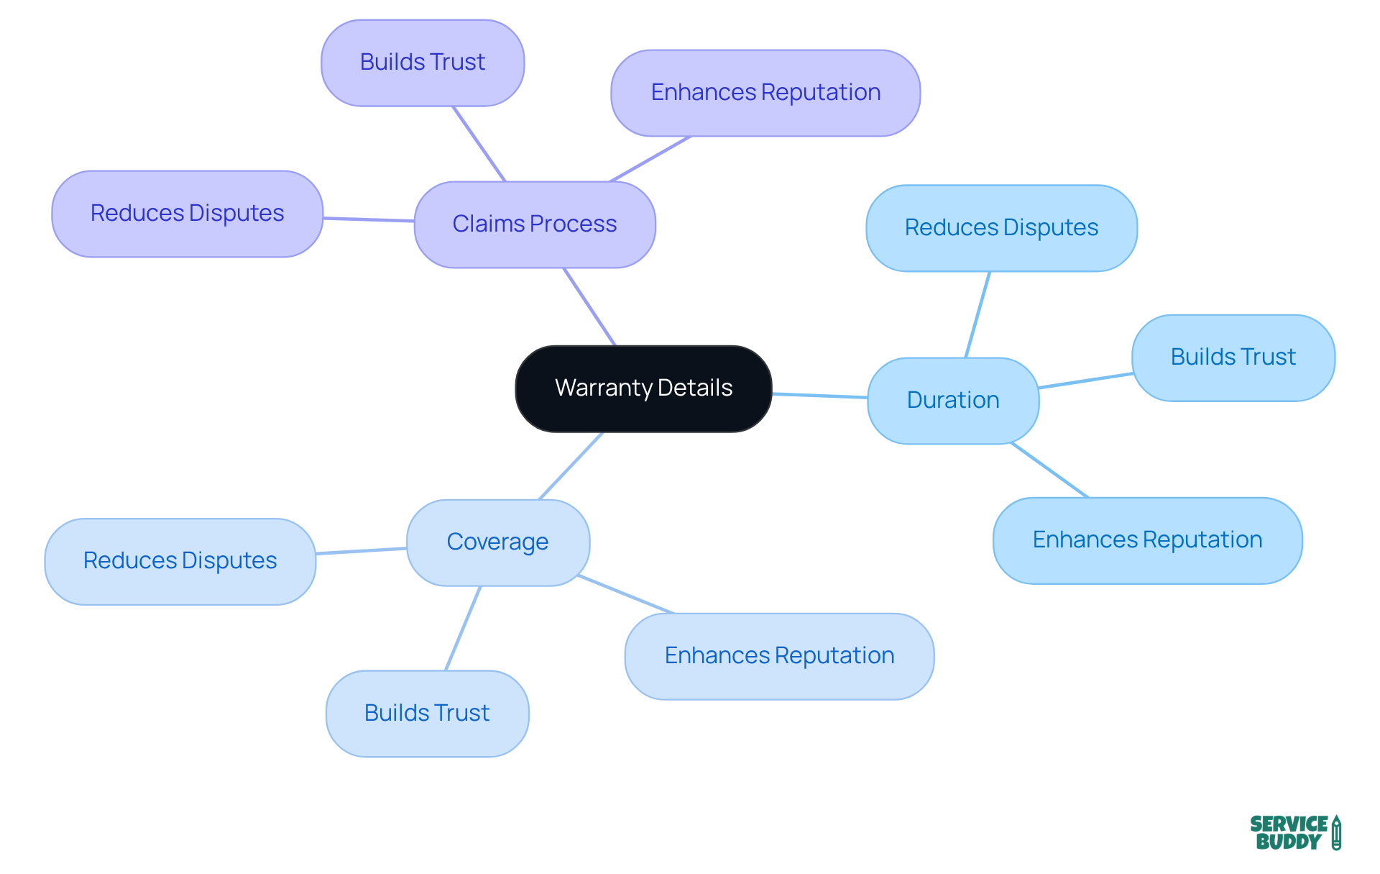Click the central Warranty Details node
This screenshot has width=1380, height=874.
click(x=643, y=388)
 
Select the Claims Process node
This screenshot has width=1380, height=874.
click(x=535, y=224)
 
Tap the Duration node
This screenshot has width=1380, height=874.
click(x=953, y=401)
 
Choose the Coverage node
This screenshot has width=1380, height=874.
click(x=497, y=542)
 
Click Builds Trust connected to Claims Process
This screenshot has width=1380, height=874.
click(x=423, y=63)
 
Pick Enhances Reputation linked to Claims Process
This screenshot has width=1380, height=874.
click(x=765, y=93)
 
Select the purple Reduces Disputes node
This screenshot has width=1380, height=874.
click(x=187, y=214)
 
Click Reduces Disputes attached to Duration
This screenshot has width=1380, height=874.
click(x=1001, y=228)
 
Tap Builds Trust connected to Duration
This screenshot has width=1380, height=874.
click(x=1233, y=358)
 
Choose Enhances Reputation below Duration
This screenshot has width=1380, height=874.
click(x=1147, y=540)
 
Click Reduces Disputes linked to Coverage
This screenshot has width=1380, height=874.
click(x=180, y=561)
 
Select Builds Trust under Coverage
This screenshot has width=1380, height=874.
click(x=427, y=714)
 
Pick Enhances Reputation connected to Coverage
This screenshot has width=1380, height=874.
click(x=779, y=656)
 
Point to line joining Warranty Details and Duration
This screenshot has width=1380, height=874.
click(x=819, y=396)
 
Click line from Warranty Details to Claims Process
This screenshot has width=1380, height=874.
click(x=589, y=306)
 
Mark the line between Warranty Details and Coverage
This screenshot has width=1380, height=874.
click(x=571, y=465)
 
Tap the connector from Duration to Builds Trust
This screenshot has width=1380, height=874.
click(x=1085, y=381)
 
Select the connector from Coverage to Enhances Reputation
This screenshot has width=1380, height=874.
click(x=625, y=594)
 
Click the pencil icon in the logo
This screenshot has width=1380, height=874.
click(x=1336, y=833)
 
